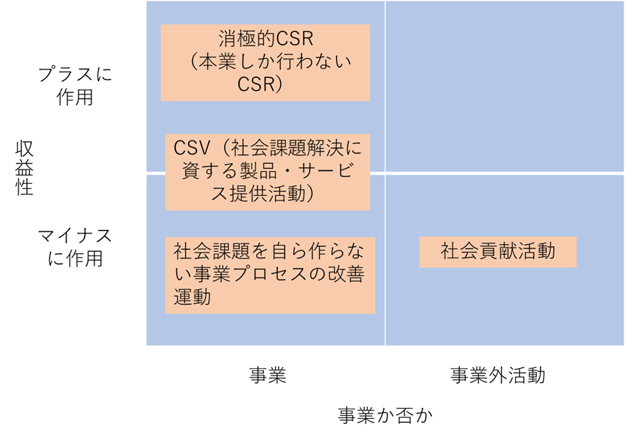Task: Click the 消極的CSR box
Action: click(265, 62)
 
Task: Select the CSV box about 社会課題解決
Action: click(267, 172)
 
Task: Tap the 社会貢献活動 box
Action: click(498, 252)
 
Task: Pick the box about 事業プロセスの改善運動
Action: click(270, 275)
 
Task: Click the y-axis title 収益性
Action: click(24, 168)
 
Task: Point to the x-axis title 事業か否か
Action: click(385, 415)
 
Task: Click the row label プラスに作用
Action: click(74, 86)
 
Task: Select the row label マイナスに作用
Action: click(74, 247)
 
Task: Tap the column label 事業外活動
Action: click(498, 375)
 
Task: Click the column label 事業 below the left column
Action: click(267, 375)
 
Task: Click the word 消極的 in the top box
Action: click(247, 39)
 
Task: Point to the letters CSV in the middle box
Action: click(192, 148)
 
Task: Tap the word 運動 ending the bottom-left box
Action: click(192, 297)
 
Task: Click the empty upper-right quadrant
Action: click(504, 87)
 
